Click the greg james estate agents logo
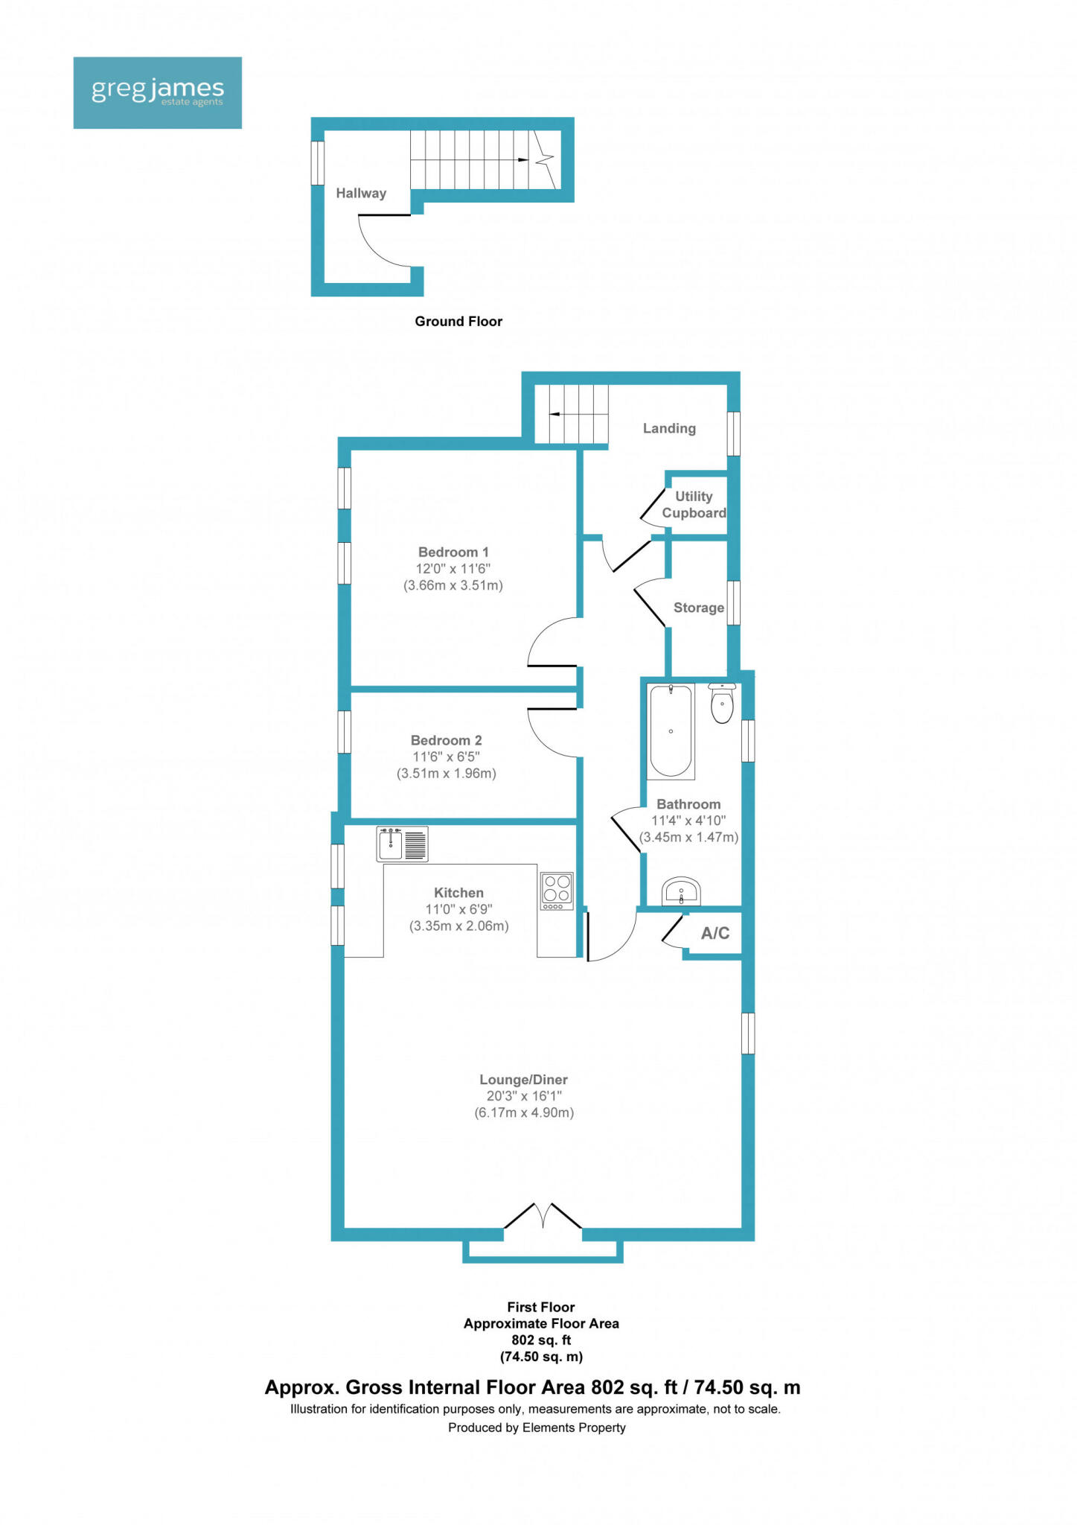click(157, 92)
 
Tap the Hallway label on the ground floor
click(361, 193)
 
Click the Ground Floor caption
click(458, 321)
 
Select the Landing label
click(668, 428)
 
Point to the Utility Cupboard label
click(694, 504)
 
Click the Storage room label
click(698, 608)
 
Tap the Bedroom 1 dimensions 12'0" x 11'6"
click(453, 569)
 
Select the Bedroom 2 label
click(446, 740)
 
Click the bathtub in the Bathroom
click(671, 731)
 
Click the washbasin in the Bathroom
click(681, 891)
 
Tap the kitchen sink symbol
click(402, 844)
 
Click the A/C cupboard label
click(715, 933)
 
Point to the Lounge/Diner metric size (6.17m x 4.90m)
click(524, 1112)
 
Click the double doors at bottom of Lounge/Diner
click(543, 1216)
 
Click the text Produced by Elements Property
click(537, 1427)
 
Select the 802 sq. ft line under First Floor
click(541, 1340)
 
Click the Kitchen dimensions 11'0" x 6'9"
click(458, 909)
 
